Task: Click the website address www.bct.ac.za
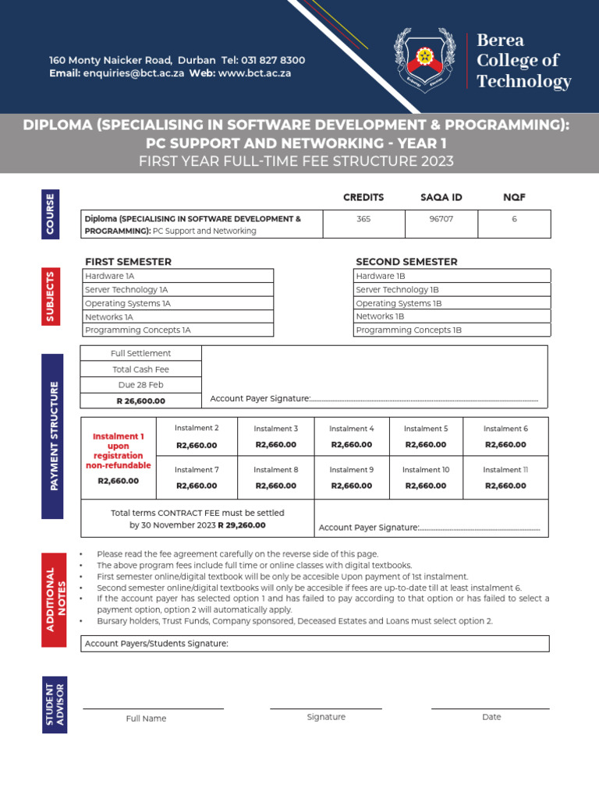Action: point(254,73)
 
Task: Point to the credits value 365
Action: point(363,219)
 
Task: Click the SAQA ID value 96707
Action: point(441,219)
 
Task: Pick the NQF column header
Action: point(514,197)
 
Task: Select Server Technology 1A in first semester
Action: point(126,290)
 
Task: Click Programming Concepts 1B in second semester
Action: point(409,330)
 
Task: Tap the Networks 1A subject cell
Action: point(109,317)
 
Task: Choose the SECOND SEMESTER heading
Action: point(406,262)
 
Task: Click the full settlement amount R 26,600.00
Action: point(141,401)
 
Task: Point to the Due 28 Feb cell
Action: point(141,385)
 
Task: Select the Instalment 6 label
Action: point(505,429)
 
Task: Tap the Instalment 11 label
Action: point(505,470)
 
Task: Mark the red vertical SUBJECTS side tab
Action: point(51,297)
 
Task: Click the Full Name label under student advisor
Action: point(146,719)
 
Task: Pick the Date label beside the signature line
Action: point(491,717)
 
